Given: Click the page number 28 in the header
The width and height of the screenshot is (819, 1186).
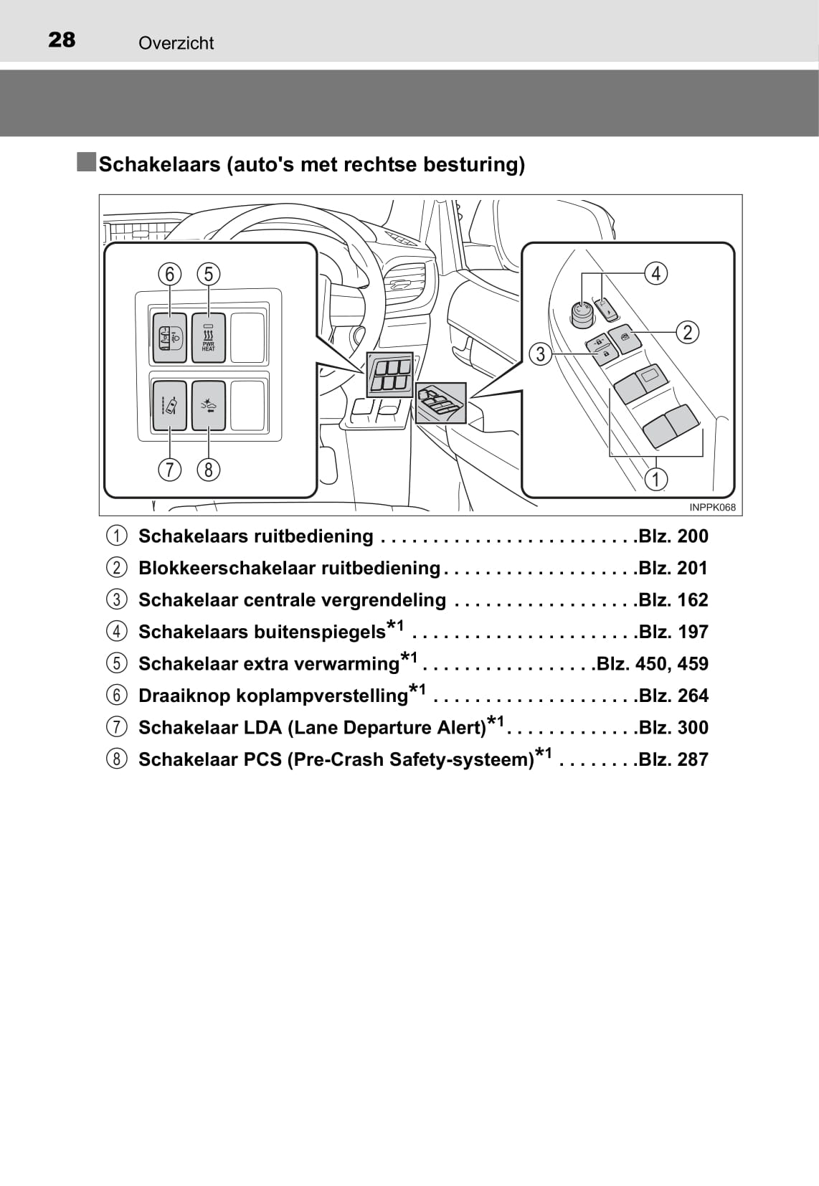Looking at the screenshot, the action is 62,39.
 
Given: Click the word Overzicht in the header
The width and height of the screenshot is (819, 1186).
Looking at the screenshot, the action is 176,43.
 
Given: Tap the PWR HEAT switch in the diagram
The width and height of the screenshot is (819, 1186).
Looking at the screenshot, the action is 209,338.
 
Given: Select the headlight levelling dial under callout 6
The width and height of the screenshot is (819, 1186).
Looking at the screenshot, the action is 169,338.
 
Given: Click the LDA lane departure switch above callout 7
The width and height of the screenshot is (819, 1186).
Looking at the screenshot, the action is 169,405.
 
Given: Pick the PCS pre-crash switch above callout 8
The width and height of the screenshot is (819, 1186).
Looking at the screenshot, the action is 209,405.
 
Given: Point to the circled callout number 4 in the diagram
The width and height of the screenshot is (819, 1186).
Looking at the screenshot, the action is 656,274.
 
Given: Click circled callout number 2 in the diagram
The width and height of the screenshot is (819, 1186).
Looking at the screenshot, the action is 688,333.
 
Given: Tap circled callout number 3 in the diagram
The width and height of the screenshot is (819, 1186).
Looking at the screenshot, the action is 541,354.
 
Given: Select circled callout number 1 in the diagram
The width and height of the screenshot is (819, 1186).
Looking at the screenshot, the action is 656,479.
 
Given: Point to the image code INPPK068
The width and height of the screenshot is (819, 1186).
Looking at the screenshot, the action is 712,507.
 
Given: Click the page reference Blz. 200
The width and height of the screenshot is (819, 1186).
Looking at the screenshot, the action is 673,536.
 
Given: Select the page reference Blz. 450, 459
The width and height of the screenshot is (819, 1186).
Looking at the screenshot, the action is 652,663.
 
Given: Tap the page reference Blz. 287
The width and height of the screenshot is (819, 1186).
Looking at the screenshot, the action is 673,759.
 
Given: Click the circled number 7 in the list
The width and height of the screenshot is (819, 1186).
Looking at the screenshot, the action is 116,728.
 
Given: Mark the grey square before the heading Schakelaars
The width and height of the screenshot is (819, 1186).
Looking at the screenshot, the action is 86,161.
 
